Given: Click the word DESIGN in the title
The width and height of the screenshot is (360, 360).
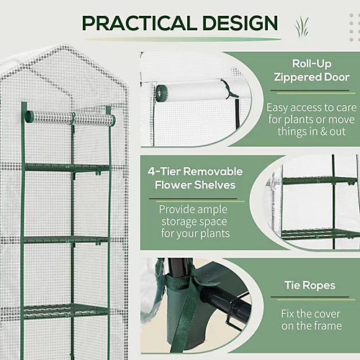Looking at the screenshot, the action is click(240, 23).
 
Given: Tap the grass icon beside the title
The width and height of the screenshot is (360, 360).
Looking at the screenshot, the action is click(302, 27).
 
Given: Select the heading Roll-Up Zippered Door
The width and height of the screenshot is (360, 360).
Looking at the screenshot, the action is click(312, 71).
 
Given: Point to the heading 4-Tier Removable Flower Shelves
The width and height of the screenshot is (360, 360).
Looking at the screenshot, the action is click(195, 178).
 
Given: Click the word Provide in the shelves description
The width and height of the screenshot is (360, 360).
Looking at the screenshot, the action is click(175, 210).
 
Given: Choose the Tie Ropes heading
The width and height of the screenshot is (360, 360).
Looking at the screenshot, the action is click(310, 285).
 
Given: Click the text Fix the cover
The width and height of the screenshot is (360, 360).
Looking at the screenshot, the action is click(310, 314).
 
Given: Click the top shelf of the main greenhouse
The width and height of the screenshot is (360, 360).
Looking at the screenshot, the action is click(66, 167).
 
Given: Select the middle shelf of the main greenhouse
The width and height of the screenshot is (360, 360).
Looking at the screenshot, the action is click(66, 240).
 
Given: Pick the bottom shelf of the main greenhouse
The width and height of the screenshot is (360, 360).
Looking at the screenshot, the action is click(66, 311).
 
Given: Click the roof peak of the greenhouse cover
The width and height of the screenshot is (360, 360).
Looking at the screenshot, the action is click(63, 45).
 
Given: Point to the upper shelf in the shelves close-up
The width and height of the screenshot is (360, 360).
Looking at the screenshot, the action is click(320, 181).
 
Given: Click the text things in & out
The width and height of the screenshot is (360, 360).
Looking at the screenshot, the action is click(312, 132).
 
